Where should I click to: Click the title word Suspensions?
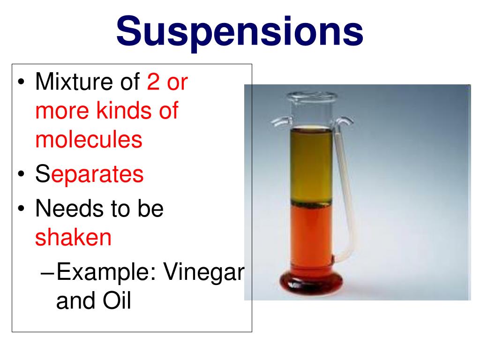click(240, 31)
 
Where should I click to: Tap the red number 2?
click(153, 82)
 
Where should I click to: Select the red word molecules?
click(89, 140)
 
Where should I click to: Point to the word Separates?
click(89, 174)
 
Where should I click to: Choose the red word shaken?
click(73, 238)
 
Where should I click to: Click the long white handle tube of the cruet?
click(344, 187)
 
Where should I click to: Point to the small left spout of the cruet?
click(278, 122)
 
